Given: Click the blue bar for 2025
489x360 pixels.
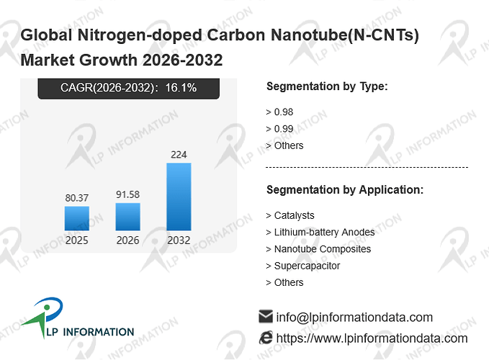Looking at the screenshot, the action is (77, 218).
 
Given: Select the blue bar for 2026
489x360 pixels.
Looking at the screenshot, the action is (128, 217).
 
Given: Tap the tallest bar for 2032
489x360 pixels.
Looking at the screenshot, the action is (179, 197).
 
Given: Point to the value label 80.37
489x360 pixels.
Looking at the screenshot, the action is (77, 198).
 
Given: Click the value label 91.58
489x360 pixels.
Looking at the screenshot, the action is (128, 194).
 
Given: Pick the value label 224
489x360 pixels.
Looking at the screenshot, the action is (179, 155).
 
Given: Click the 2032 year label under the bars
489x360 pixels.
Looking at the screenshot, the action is (179, 240).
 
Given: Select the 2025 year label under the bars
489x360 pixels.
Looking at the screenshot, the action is (77, 240).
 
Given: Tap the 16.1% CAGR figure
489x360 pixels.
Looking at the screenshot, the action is (181, 88).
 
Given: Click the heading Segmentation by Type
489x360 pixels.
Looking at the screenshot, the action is (327, 86).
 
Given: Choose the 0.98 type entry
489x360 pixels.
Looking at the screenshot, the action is (284, 112).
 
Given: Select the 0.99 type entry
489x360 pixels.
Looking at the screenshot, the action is (284, 129).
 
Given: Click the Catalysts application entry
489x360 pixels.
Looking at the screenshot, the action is (294, 215).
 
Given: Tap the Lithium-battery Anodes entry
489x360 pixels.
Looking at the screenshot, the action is (324, 233).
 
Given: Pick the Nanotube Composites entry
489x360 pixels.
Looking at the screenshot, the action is (323, 249).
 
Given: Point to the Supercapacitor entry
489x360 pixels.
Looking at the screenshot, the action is (307, 266).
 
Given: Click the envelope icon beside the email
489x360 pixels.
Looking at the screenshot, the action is (266, 316).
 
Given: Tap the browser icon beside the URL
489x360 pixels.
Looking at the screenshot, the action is (266, 338).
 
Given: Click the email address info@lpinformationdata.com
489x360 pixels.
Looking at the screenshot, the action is (354, 318).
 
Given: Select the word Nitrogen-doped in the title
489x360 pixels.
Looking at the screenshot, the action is (140, 35).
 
